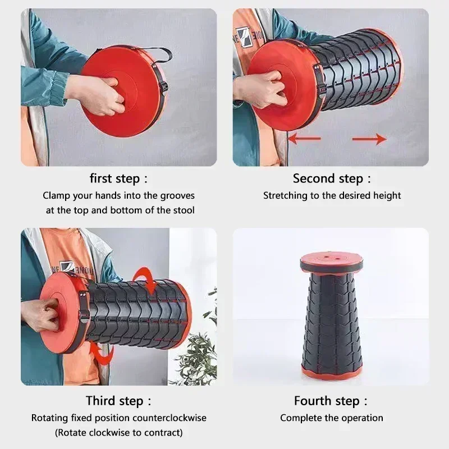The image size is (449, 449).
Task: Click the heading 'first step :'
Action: (x=118, y=178)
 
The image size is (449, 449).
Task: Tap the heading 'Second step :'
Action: (x=332, y=178)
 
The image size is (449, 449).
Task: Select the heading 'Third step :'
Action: (x=118, y=401)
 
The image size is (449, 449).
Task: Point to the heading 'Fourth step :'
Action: (x=331, y=401)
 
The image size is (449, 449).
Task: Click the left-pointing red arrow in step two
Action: (x=304, y=138)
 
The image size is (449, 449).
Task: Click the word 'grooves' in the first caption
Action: (x=177, y=196)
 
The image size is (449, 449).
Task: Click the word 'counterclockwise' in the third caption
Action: (x=169, y=418)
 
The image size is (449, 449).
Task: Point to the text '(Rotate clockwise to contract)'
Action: (x=118, y=432)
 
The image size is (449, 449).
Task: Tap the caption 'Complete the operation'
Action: (x=331, y=418)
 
